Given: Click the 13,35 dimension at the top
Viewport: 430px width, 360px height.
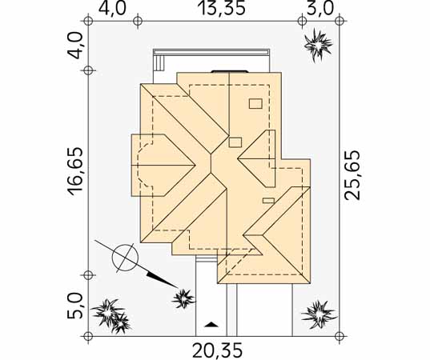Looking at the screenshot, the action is click(x=221, y=9).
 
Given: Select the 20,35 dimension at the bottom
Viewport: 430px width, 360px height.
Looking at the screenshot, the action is click(x=218, y=350).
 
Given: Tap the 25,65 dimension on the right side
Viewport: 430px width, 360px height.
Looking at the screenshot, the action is click(x=352, y=175).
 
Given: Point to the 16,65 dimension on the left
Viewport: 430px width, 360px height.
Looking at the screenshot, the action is click(x=75, y=172).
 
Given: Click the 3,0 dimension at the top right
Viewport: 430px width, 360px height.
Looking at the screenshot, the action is click(x=320, y=9).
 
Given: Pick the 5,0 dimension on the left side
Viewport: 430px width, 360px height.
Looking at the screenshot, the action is click(x=75, y=306).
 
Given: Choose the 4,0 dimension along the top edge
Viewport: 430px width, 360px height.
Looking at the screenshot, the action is click(x=112, y=9).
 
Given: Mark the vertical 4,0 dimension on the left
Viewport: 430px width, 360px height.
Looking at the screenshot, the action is click(x=75, y=46).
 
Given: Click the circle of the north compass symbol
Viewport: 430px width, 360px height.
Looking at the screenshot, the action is click(x=126, y=258).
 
